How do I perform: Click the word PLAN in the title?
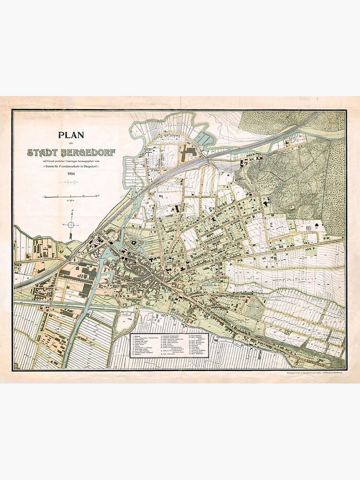point(70,136)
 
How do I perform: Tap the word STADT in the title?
point(44,153)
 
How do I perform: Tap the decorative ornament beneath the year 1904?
point(71,182)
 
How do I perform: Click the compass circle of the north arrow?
point(71,224)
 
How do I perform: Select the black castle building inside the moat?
point(130,244)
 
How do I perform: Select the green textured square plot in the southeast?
point(254,308)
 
